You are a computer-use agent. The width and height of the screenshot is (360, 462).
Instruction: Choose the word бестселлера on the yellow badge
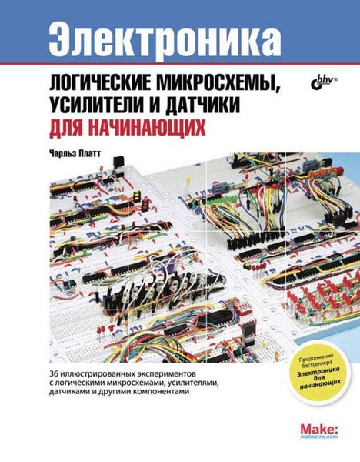(x=318, y=360)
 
